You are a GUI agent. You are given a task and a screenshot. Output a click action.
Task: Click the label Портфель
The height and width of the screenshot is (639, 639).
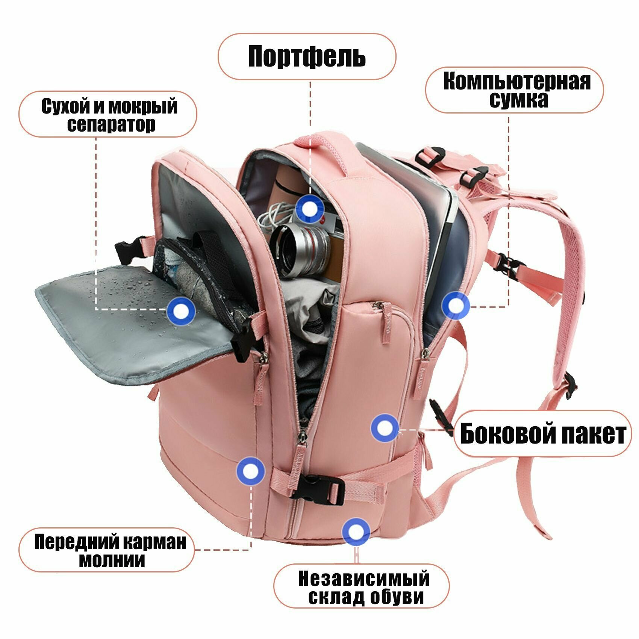(x=307, y=56)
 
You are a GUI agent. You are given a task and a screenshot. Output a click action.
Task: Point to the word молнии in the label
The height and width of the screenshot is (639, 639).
(x=112, y=560)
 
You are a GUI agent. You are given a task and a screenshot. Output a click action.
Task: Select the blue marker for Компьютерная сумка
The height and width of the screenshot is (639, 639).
(x=456, y=306)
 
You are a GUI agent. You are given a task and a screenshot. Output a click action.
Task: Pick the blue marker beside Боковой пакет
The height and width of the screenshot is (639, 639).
(x=385, y=428)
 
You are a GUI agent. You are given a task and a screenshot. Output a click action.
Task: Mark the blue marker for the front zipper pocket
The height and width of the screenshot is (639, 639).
(x=250, y=471)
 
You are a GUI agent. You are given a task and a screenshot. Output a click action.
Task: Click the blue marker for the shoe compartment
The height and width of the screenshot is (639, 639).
(x=356, y=531)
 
